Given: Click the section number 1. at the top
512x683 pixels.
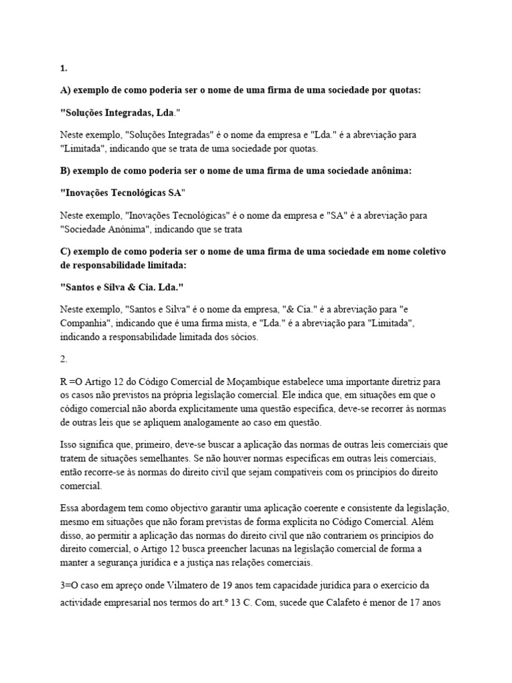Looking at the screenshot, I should tap(63, 67).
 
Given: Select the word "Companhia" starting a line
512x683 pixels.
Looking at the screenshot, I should tap(83, 323).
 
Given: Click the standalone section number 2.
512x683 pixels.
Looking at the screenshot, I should tap(63, 359).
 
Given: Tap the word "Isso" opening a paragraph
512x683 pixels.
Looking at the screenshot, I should tap(68, 444).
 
